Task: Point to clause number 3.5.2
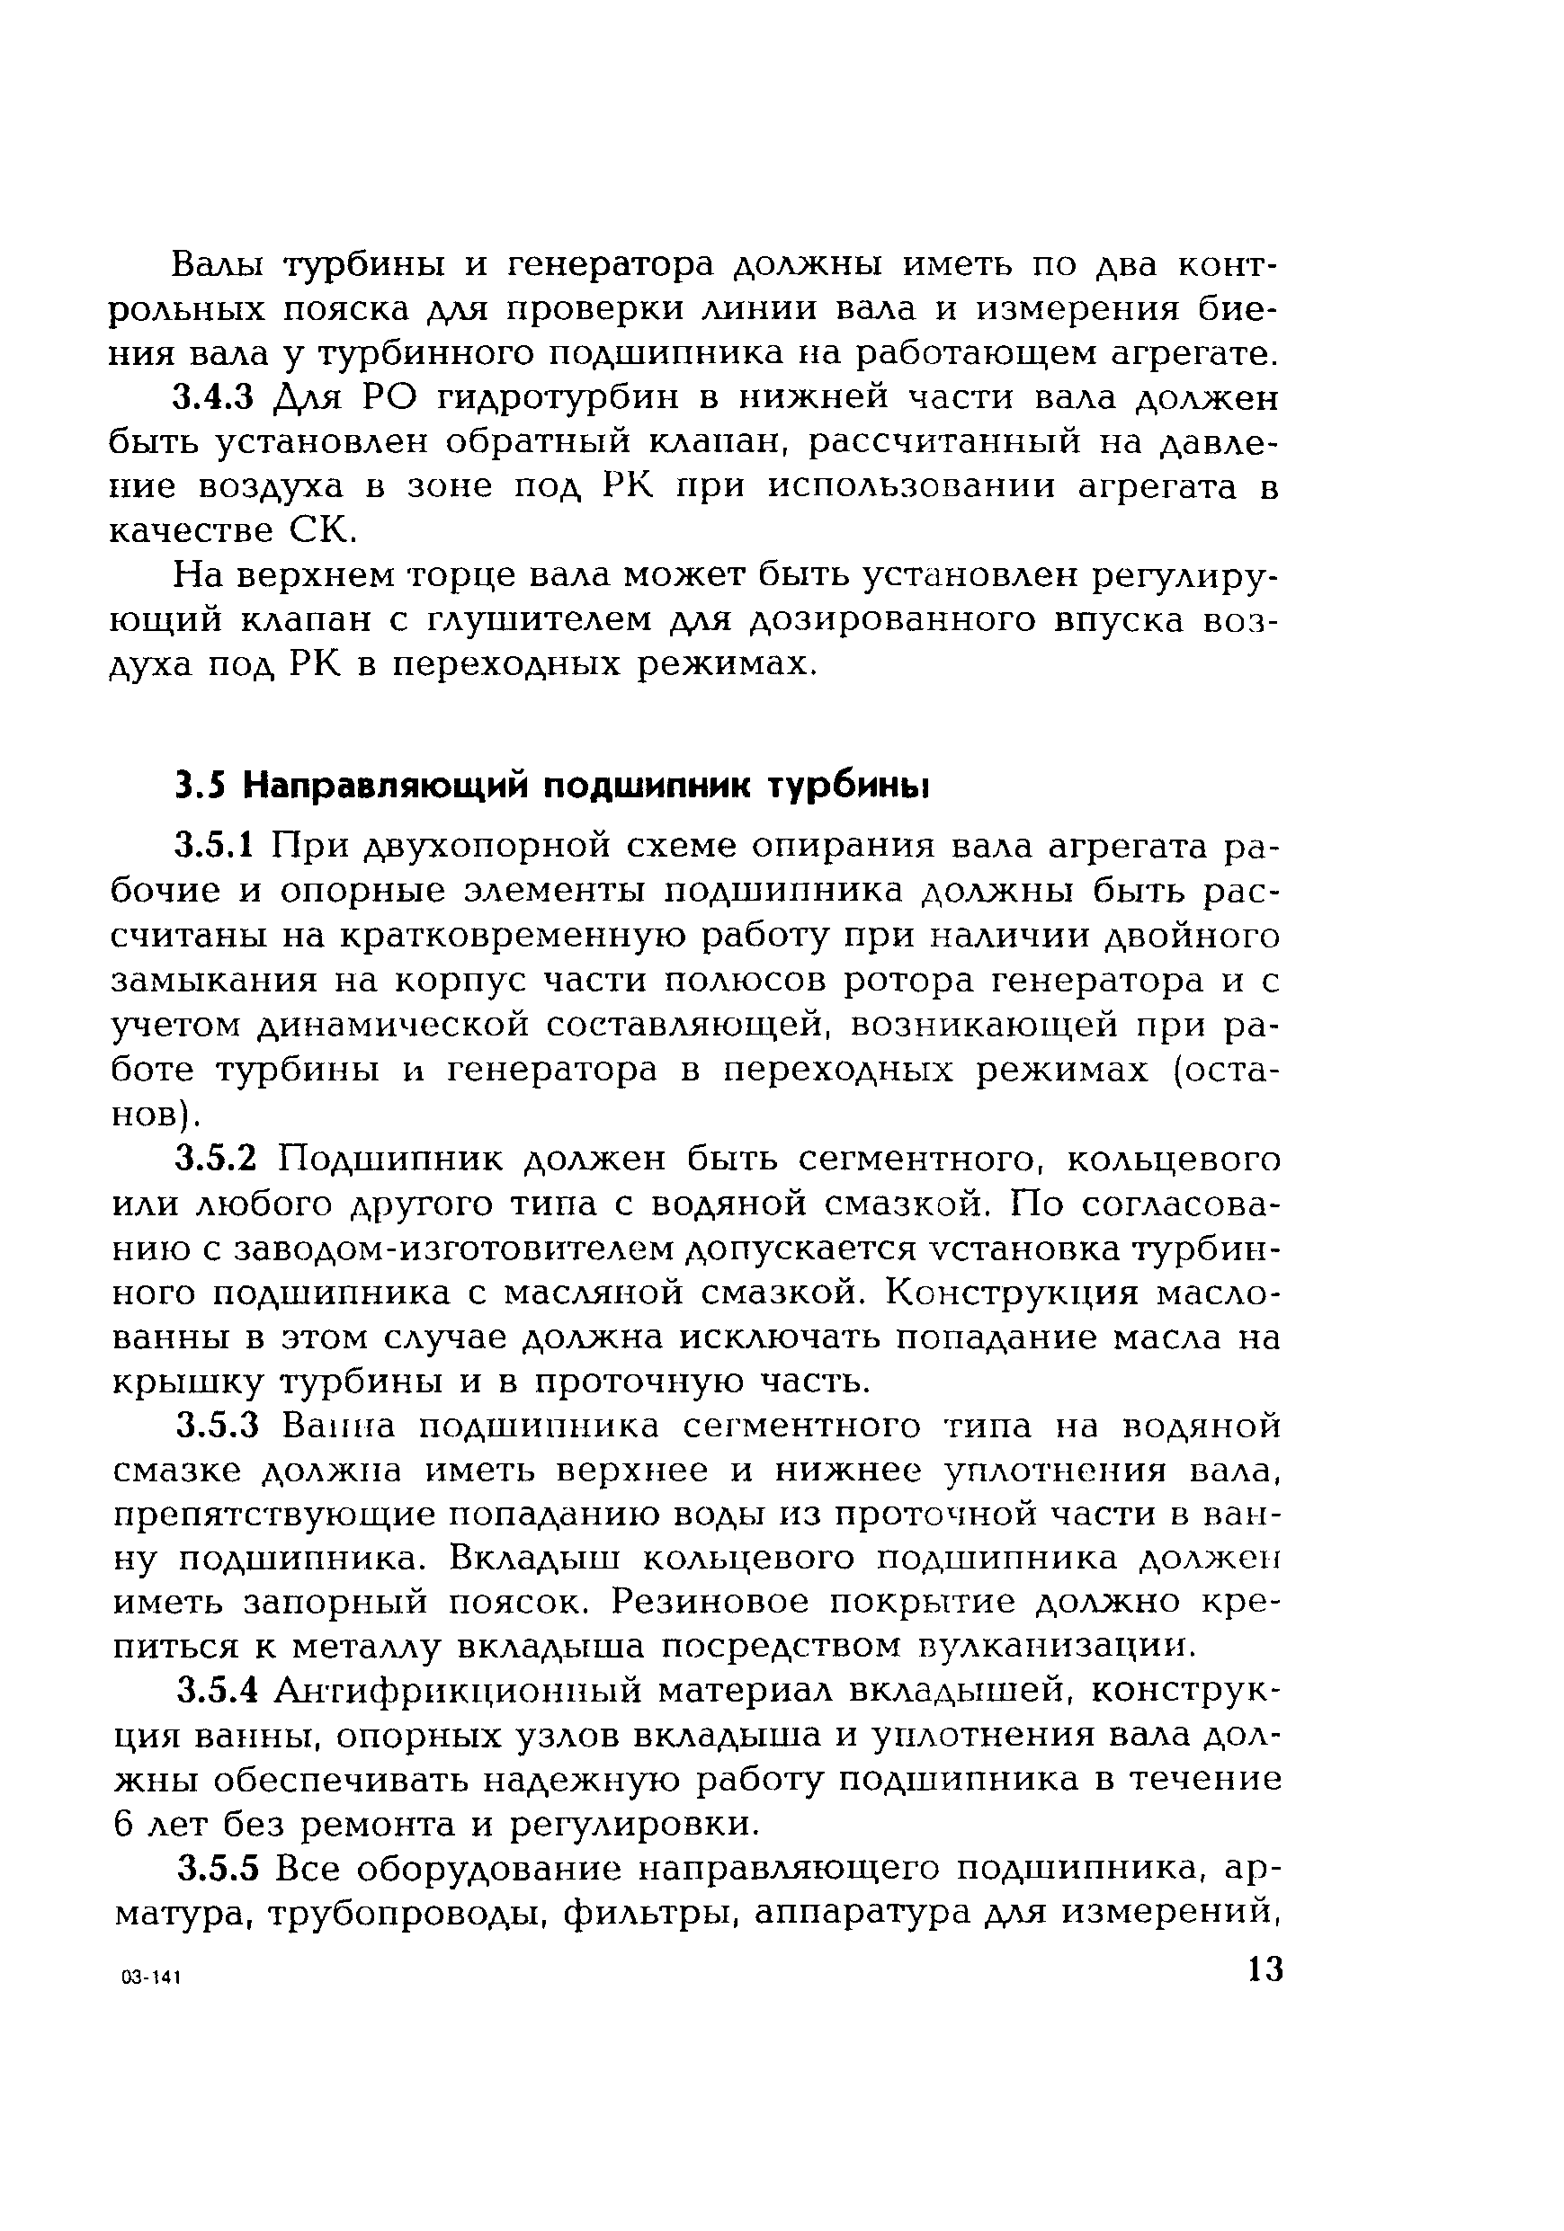click(x=216, y=1160)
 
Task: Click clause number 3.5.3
click(x=216, y=1427)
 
